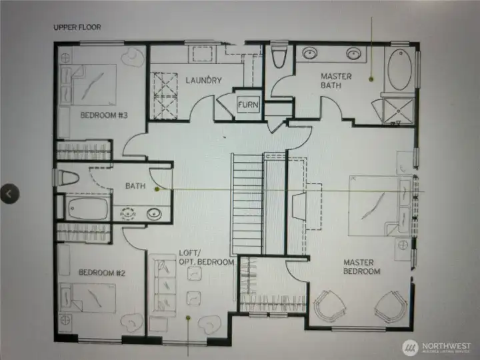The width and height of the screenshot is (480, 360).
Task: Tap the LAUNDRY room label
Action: [x=203, y=81]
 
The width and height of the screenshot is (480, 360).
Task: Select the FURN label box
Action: [x=248, y=105]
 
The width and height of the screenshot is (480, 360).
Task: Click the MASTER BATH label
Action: [x=336, y=81]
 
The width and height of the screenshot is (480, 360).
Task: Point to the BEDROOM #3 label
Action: [x=104, y=115]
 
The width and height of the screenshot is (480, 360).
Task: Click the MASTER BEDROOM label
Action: [x=362, y=267]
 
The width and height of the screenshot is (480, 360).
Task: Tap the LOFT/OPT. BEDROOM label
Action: [x=207, y=257]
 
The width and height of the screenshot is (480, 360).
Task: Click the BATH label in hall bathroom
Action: [x=135, y=187]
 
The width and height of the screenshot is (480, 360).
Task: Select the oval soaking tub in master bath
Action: [x=399, y=69]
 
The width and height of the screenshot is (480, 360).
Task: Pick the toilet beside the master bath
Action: [x=279, y=57]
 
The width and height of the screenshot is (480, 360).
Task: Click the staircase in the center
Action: [x=247, y=203]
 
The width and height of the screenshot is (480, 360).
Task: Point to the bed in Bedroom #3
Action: [x=90, y=83]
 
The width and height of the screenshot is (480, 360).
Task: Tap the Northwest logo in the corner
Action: [x=437, y=347]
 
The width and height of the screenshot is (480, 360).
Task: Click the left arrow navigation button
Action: [x=9, y=193]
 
